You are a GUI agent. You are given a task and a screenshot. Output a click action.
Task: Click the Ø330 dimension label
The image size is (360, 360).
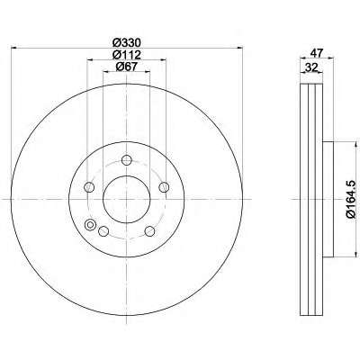click(x=126, y=43)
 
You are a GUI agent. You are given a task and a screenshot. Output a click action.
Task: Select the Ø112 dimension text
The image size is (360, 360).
click(x=126, y=55)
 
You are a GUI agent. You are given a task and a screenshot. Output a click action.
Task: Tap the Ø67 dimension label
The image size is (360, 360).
click(x=126, y=67)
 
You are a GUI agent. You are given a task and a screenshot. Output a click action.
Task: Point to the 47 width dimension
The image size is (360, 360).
click(x=317, y=53)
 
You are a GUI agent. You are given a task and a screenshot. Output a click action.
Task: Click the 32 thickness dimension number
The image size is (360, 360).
click(x=310, y=67)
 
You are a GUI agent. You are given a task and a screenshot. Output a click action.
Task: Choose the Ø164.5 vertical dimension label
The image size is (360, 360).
click(x=352, y=199)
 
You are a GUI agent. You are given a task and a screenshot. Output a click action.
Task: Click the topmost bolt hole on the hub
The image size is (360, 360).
click(x=127, y=160)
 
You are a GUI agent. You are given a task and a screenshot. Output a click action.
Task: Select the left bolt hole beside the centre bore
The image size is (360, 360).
click(x=89, y=187)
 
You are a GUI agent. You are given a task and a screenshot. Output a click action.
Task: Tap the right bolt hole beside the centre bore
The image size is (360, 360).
click(x=164, y=187)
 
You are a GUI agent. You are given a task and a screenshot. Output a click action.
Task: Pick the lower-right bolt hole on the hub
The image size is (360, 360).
click(x=149, y=231)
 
